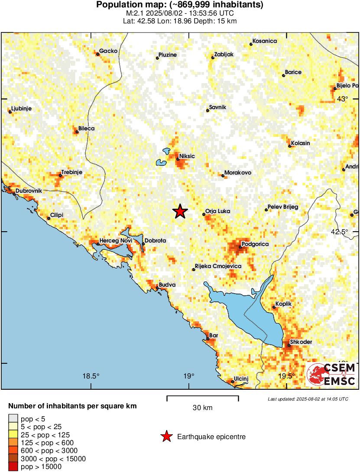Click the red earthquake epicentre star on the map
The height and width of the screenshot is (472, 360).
(180, 211)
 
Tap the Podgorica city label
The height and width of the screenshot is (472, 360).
(255, 244)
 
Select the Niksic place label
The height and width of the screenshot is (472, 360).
(187, 156)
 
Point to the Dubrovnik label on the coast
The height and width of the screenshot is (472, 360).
(29, 191)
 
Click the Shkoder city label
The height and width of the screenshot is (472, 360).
(301, 342)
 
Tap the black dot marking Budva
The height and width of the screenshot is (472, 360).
(157, 288)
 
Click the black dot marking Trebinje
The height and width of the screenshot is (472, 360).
(60, 175)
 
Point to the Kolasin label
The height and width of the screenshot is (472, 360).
(300, 143)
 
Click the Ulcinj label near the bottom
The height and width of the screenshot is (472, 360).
(241, 379)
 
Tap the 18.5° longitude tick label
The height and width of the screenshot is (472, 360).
(91, 376)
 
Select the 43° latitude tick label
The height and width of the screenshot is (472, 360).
(342, 99)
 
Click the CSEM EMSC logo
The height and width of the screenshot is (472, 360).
(331, 375)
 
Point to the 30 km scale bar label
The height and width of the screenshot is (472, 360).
(202, 407)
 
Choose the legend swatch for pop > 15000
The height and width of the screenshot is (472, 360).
(13, 466)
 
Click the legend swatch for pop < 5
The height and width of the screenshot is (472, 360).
(13, 419)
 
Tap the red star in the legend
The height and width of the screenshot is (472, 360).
(166, 437)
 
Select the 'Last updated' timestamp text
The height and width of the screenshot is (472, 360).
(308, 399)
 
